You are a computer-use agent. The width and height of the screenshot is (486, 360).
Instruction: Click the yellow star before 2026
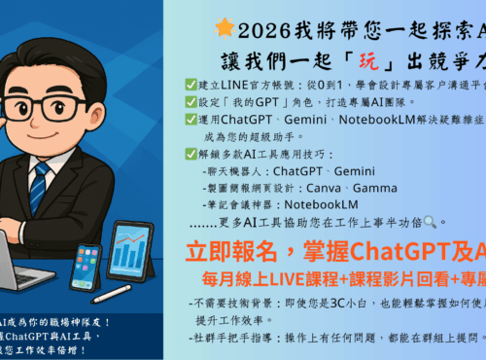pos(222,26)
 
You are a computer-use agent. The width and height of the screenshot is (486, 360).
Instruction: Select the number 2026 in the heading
pos(260,27)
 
